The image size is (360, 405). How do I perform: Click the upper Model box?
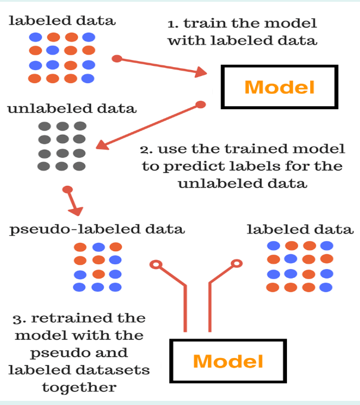279,87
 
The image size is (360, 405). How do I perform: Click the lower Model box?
228,360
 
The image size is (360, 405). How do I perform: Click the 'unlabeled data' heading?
71,109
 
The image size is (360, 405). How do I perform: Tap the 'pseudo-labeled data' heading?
97,229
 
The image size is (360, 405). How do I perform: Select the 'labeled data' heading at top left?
62,21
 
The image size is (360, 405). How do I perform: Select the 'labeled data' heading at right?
299,229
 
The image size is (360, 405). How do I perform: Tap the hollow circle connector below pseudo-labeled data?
156,264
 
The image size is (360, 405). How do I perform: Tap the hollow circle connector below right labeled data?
236,263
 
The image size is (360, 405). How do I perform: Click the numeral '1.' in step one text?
173,24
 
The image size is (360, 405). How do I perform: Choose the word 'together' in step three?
78,387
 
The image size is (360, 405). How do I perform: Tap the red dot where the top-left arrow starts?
117,58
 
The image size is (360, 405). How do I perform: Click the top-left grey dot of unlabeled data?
44,126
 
